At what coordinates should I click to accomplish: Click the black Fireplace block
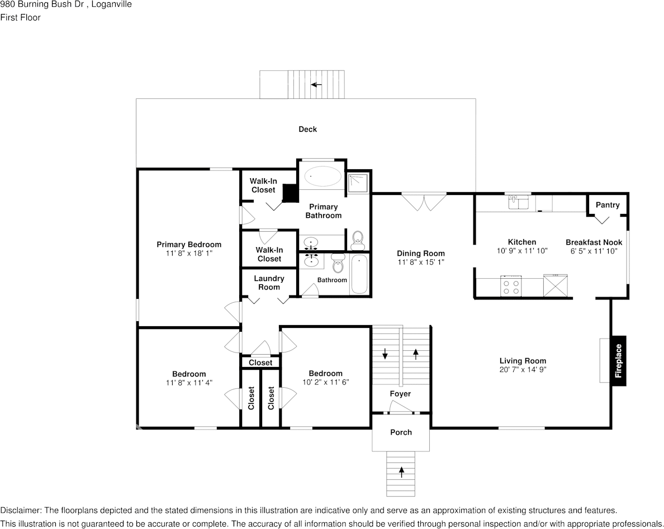pyautogui.click(x=618, y=360)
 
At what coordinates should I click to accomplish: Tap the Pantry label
pyautogui.click(x=607, y=205)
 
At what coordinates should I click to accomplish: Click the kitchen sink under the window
pyautogui.click(x=519, y=202)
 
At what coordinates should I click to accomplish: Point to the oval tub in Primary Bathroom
pyautogui.click(x=323, y=176)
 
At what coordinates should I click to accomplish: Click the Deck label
pyautogui.click(x=307, y=129)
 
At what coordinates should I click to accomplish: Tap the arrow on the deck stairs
pyautogui.click(x=316, y=85)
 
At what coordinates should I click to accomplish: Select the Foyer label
pyautogui.click(x=400, y=394)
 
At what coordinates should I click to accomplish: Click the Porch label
pyautogui.click(x=401, y=432)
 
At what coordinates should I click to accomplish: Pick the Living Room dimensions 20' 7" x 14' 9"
pyautogui.click(x=523, y=369)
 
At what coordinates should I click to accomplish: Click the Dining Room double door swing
pyautogui.click(x=424, y=202)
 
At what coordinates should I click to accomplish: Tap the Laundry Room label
pyautogui.click(x=269, y=283)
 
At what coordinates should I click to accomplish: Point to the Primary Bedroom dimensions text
pyautogui.click(x=189, y=253)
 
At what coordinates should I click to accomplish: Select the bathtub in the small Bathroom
pyautogui.click(x=359, y=274)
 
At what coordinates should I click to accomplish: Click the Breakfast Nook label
pyautogui.click(x=594, y=242)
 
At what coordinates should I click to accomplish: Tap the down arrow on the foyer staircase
pyautogui.click(x=385, y=354)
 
